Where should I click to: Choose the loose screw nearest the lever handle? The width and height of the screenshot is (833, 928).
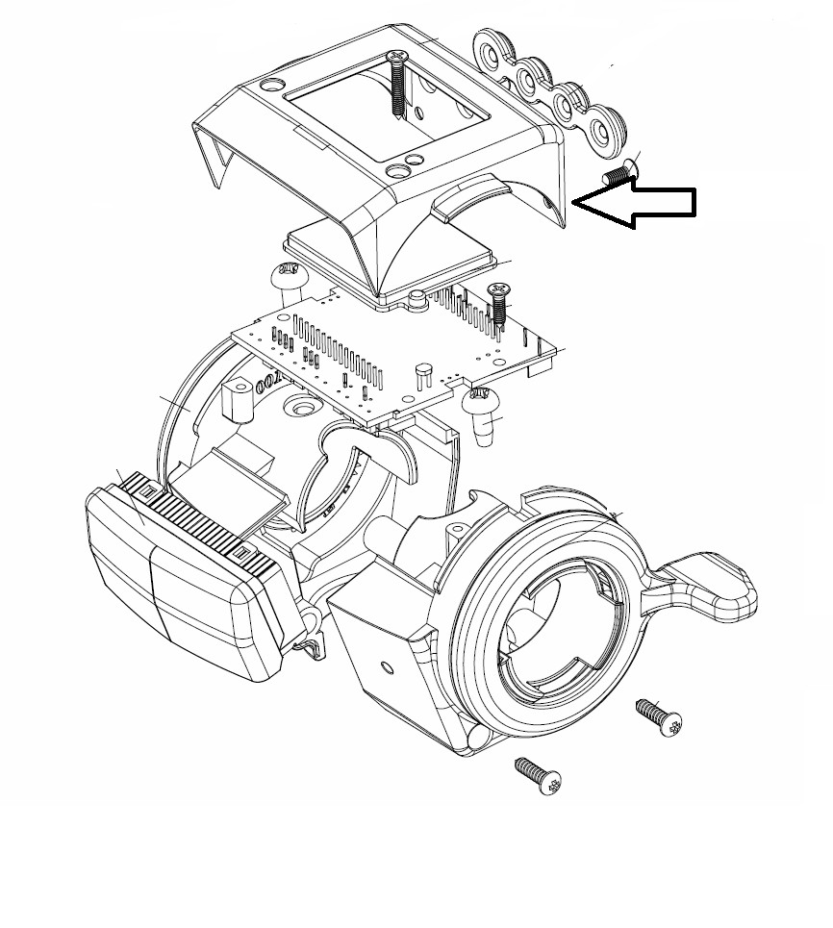tap(659, 717)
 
